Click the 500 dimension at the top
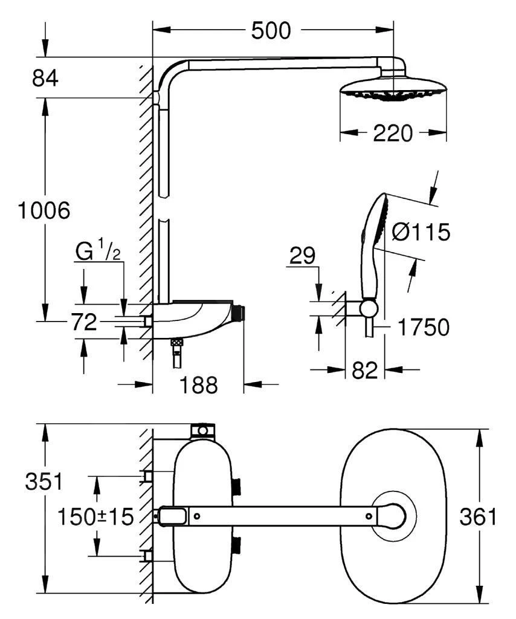coord(271,30)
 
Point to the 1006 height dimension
coord(44,211)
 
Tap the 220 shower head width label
coord(393,133)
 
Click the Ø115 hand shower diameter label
coord(421,232)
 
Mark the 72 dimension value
coord(84,323)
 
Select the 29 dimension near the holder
coord(302,256)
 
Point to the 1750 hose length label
coord(423,328)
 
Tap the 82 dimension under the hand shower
coord(364,369)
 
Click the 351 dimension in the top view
coord(44,482)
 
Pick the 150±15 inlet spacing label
coord(95,517)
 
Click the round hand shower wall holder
coord(368,308)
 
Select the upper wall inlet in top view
coord(146,476)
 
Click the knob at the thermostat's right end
coord(239,314)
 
